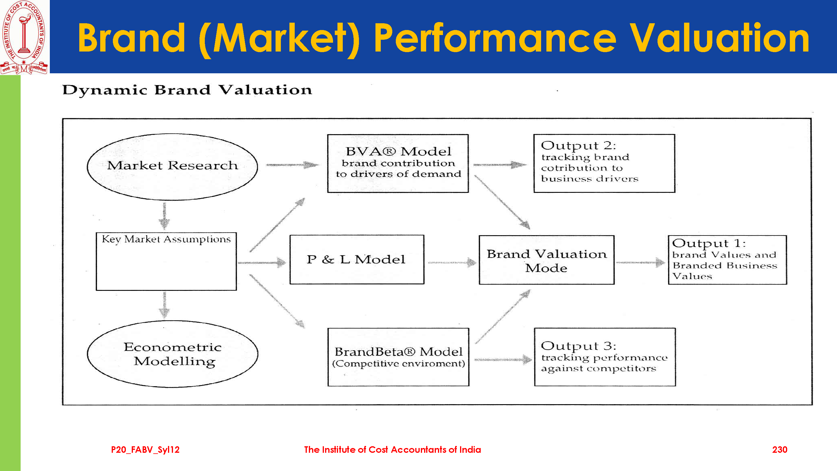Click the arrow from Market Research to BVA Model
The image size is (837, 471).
pos(292,165)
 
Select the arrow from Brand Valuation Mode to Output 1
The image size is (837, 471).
pos(640,262)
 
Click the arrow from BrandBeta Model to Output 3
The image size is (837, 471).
pos(503,360)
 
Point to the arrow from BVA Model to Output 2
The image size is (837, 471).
pos(500,165)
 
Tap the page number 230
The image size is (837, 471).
pos(780,450)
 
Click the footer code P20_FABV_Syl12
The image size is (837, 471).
pos(145,450)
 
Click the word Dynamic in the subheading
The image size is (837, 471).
pos(104,90)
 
